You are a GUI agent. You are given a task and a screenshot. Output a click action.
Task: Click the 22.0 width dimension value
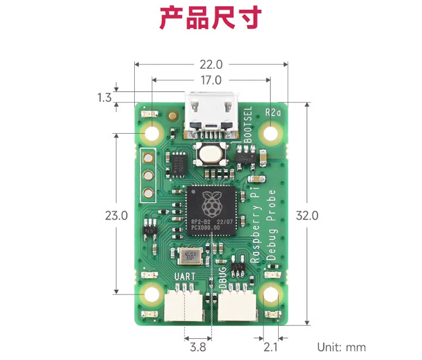coord(210,64)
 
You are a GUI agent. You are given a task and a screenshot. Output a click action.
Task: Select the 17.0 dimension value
coord(210,80)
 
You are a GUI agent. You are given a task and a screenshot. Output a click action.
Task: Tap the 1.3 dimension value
coord(104,98)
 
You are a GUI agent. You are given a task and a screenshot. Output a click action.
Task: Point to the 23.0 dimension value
coord(116,215)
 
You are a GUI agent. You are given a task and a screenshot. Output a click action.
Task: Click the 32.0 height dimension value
coord(307,215)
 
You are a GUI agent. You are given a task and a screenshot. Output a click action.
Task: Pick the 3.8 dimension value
coord(199,347)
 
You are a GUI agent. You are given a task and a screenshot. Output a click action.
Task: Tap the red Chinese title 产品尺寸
coord(210,18)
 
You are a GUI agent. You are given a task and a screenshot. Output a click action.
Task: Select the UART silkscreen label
coord(185,277)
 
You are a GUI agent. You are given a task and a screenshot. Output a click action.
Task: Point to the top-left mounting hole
coord(153,133)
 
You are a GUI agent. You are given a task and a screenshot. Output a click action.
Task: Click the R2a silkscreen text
coord(274,113)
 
